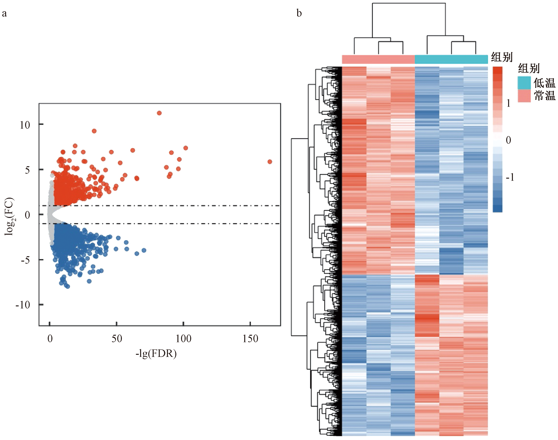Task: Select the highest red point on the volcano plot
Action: pos(159,113)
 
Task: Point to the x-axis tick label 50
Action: pos(117,339)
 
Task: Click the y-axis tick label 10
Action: pos(25,125)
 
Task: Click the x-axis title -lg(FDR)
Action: pos(156,353)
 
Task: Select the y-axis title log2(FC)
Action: pos(10,216)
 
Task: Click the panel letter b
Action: pos(299,13)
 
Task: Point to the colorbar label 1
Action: pos(508,104)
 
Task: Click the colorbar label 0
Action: pos(508,140)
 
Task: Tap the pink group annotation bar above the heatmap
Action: pos(378,59)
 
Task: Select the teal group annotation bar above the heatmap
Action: pos(451,59)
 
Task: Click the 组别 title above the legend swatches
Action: pos(529,68)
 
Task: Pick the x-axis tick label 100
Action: pos(183,339)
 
